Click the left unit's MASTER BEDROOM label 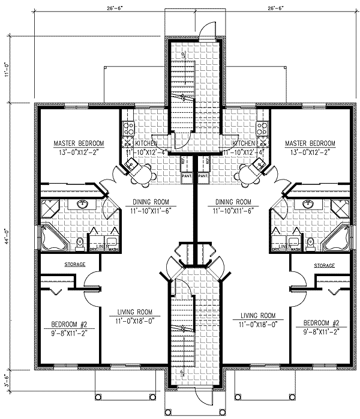(x=79, y=143)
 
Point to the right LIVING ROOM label (x=257, y=315)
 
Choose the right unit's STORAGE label (x=324, y=265)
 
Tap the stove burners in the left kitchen (x=127, y=127)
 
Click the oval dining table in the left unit (x=142, y=174)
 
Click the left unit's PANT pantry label (x=187, y=177)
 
